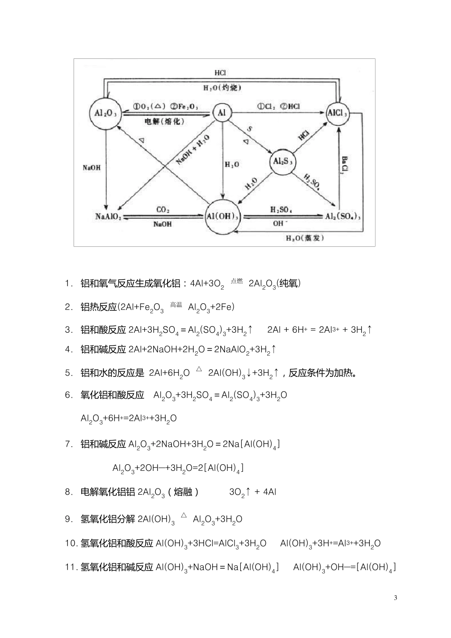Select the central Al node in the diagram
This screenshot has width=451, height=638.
[x=221, y=113]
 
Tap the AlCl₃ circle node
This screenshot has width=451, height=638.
[x=338, y=113]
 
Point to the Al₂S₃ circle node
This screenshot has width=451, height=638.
[x=282, y=161]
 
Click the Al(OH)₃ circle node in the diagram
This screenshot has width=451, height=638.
[x=222, y=216]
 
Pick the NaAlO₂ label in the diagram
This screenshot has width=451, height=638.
[x=108, y=216]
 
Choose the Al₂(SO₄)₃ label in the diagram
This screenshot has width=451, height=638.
[x=343, y=216]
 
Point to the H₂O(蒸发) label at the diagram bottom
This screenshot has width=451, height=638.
[x=304, y=238]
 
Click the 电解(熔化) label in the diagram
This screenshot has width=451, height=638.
[x=164, y=122]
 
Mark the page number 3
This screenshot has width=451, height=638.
[x=395, y=597]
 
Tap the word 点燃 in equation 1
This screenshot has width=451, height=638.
[x=236, y=281]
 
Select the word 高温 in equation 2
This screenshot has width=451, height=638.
[x=176, y=305]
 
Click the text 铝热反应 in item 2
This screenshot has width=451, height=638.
[x=98, y=307]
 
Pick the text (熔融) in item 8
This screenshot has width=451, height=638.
[x=183, y=492]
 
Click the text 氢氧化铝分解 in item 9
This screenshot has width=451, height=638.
[x=108, y=519]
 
